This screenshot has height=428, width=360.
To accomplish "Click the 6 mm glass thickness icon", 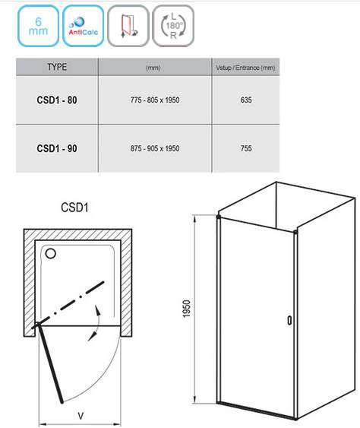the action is pos(38,26).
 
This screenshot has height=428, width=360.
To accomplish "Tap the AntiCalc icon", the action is pos(84,26).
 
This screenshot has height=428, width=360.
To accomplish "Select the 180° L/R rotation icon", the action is pos(173,26).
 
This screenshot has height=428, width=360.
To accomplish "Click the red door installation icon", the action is pos(128,26).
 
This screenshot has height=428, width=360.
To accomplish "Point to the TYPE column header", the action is pos(57,67).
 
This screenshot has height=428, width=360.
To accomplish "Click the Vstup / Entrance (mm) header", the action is pos(245,68).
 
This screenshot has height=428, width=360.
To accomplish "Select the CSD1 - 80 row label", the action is pos(57,100).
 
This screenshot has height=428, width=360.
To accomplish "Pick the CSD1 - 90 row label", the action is pos(57,148).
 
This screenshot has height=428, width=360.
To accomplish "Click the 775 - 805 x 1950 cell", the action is pos(155,100).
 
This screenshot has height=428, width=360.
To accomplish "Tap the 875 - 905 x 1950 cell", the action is pos(155,148).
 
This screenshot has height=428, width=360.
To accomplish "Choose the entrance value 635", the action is pos(246,100).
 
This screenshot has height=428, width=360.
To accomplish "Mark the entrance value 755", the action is pos(246,148).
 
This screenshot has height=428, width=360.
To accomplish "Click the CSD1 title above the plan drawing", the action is pos(74,208).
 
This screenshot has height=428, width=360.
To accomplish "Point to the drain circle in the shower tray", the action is pos(51,254).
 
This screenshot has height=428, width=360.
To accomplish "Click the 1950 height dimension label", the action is pos(187,309).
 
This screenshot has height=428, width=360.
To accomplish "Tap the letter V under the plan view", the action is pos(81,417).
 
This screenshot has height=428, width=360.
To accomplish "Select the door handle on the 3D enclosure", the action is pos(289,320).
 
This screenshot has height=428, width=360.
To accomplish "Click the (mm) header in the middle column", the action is pos(153,68).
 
